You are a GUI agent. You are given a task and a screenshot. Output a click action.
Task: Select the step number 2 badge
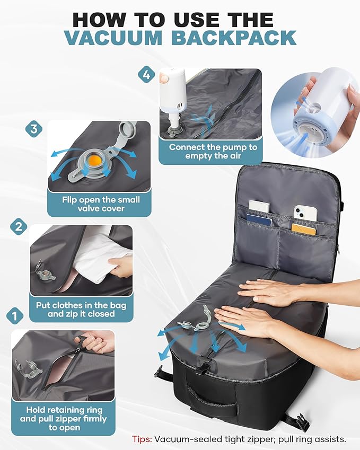19,227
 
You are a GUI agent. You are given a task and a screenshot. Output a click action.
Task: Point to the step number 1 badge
14,316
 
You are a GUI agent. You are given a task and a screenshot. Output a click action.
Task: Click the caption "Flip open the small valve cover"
100,204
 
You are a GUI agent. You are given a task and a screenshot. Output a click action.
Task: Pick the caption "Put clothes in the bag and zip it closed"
81,310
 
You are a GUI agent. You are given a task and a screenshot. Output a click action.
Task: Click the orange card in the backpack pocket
303,229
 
